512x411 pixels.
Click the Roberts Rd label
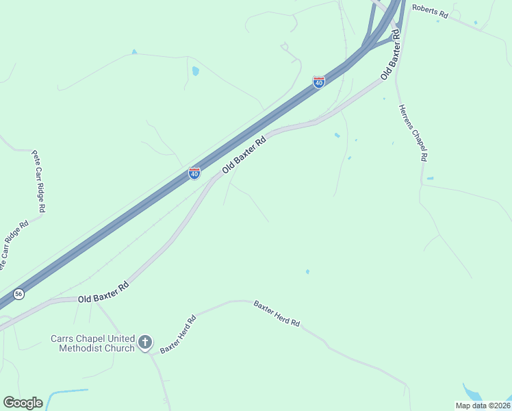point(429,12)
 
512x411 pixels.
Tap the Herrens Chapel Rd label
point(413,132)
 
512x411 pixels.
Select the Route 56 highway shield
point(18,293)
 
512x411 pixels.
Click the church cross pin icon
point(144,342)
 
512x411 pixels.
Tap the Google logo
point(23,403)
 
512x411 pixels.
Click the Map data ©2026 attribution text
point(482,406)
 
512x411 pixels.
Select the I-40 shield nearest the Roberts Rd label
point(319,82)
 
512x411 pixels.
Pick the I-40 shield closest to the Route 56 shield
point(194,173)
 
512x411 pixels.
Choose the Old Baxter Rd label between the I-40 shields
point(243,155)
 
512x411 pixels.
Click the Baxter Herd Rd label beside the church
point(178,334)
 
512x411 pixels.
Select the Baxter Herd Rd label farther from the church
point(277,313)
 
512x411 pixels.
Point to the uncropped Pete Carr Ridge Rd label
point(38,181)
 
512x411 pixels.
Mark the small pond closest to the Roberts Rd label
point(475,23)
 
